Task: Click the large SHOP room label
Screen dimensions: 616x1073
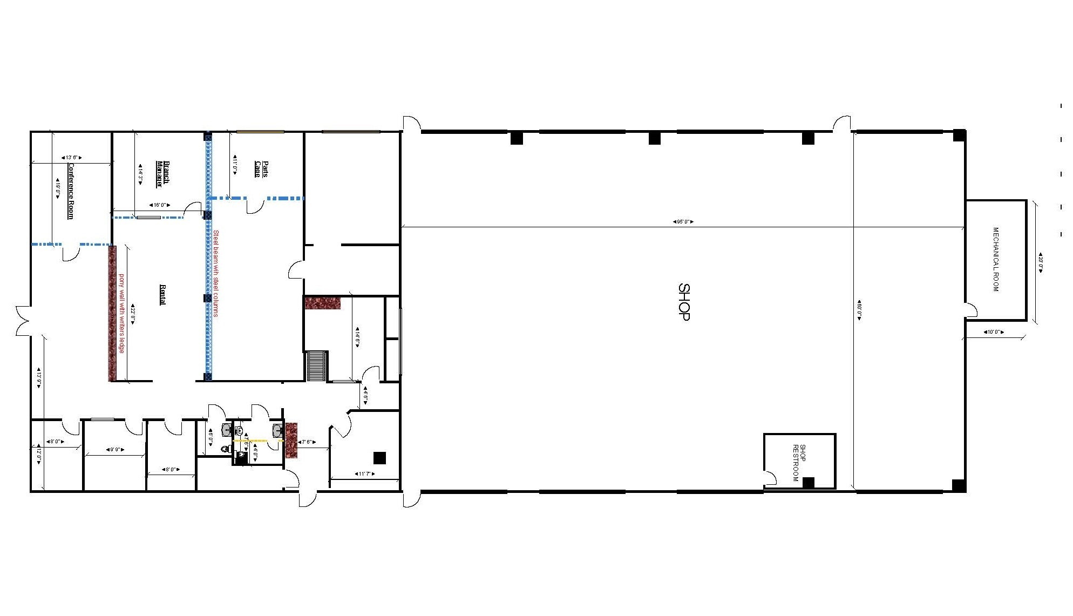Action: click(x=683, y=302)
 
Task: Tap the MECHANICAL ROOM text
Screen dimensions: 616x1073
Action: click(x=996, y=259)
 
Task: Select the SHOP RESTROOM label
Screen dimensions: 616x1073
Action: click(x=799, y=463)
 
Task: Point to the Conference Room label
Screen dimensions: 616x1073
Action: click(x=70, y=191)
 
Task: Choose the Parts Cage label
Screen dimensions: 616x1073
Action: click(x=261, y=168)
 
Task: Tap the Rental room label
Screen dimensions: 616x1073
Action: click(x=162, y=295)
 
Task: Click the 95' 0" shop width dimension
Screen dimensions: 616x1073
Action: click(x=683, y=222)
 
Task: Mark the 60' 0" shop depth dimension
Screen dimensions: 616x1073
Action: click(x=859, y=310)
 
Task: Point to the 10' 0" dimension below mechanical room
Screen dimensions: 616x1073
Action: click(x=994, y=332)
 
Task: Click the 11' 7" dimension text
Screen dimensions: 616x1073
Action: click(x=365, y=474)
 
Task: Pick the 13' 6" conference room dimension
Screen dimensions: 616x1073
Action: click(x=72, y=158)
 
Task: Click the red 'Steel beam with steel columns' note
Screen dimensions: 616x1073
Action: click(x=216, y=273)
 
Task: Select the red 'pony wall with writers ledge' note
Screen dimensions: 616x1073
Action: click(x=122, y=313)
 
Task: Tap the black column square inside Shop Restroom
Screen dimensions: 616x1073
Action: click(x=808, y=483)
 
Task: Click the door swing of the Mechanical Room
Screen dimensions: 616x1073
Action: click(x=971, y=310)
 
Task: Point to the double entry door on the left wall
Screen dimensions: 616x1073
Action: click(x=23, y=321)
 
